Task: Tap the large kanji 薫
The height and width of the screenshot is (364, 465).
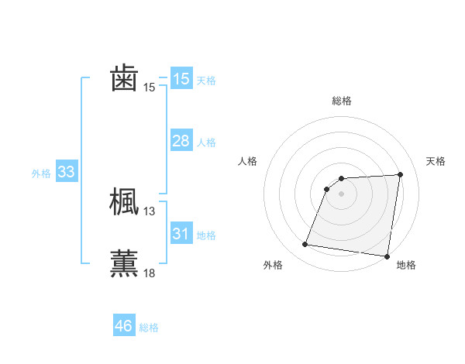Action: pyautogui.click(x=124, y=263)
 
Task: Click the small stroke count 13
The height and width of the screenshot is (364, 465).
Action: pyautogui.click(x=150, y=211)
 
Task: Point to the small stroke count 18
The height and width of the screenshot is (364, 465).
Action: pyautogui.click(x=150, y=273)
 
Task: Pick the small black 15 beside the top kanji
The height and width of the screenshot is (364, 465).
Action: pyautogui.click(x=150, y=88)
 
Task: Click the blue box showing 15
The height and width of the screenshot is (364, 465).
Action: pyautogui.click(x=181, y=79)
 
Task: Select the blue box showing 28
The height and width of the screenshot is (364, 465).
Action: pyautogui.click(x=181, y=141)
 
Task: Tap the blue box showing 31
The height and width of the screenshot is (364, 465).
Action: pyautogui.click(x=181, y=233)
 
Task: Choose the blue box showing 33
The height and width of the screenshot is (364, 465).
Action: pyautogui.click(x=66, y=172)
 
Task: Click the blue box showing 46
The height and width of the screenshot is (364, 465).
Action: pyautogui.click(x=123, y=326)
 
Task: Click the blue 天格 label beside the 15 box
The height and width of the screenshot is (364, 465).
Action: pyautogui.click(x=206, y=80)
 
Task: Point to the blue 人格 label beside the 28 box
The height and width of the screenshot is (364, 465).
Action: pyautogui.click(x=206, y=143)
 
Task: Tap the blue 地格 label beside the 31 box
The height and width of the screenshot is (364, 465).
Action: pyautogui.click(x=206, y=235)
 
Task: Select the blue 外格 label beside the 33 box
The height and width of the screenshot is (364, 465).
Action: pyautogui.click(x=41, y=173)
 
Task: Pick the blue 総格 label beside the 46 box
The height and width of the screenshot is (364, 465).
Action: pyautogui.click(x=149, y=328)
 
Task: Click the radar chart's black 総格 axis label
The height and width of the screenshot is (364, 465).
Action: pyautogui.click(x=342, y=101)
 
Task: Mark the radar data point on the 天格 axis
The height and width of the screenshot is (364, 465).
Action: pyautogui.click(x=401, y=174)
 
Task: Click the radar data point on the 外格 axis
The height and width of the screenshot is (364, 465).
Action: pyautogui.click(x=305, y=245)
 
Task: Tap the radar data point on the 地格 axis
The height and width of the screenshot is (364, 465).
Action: pyautogui.click(x=387, y=256)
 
